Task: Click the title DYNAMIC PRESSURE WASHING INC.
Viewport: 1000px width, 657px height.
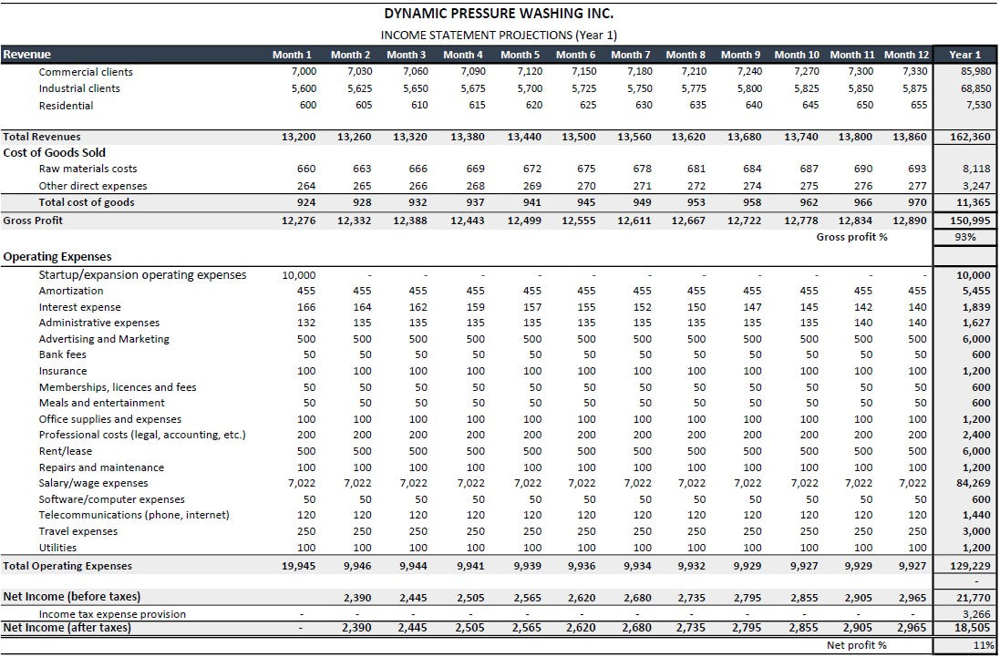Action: [x=499, y=14]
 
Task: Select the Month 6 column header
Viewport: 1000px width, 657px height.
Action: [x=575, y=55]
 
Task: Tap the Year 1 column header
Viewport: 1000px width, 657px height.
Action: [x=964, y=55]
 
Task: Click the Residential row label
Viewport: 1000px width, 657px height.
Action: [x=66, y=106]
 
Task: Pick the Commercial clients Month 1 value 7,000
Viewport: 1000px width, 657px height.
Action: [x=303, y=72]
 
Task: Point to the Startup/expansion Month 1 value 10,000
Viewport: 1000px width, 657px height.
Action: [x=298, y=275]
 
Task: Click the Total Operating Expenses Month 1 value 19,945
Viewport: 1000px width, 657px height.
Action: [x=298, y=566]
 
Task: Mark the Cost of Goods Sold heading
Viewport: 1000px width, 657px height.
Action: [x=55, y=152]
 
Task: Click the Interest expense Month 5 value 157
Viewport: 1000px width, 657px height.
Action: [x=534, y=307]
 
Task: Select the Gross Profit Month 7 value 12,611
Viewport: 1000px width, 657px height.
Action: [x=630, y=221]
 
